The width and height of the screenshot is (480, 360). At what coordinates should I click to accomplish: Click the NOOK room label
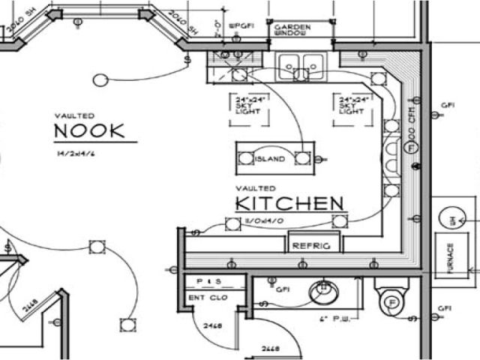click(x=89, y=131)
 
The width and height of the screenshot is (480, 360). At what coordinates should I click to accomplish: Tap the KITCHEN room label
click(x=289, y=203)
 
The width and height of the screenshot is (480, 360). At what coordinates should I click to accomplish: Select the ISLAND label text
click(x=270, y=159)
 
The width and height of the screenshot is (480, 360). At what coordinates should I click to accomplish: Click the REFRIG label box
click(x=313, y=244)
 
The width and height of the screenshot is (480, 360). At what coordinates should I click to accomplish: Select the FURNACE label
click(x=451, y=258)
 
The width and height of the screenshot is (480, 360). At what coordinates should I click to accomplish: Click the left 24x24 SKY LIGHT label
click(x=245, y=106)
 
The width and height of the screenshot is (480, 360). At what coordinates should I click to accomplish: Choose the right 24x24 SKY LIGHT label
click(x=352, y=106)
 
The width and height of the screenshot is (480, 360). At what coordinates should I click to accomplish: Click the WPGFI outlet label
click(x=243, y=25)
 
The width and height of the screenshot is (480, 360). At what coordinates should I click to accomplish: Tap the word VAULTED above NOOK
click(x=74, y=115)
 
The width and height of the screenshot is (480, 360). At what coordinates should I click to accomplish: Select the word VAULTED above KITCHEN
click(x=256, y=187)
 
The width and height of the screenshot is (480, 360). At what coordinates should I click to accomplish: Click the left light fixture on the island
click(x=247, y=157)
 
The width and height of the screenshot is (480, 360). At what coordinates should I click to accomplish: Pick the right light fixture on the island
click(x=301, y=157)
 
